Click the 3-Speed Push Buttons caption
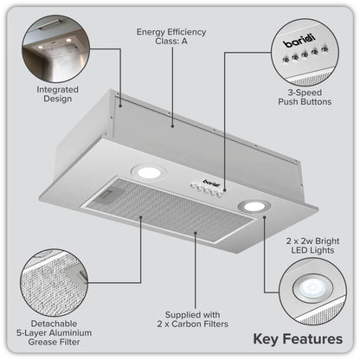311,95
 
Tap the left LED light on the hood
150,172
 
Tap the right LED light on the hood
254,205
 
